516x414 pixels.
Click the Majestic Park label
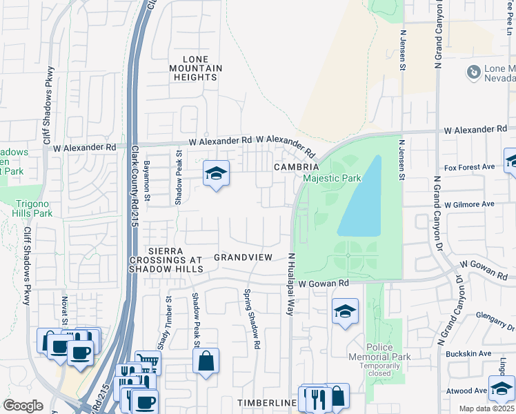332,179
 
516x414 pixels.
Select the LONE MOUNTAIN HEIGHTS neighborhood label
196,68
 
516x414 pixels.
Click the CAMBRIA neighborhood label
296,168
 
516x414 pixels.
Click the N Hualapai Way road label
292,284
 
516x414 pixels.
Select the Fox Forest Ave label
470,167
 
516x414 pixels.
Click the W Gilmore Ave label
469,204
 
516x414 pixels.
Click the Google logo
23,406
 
